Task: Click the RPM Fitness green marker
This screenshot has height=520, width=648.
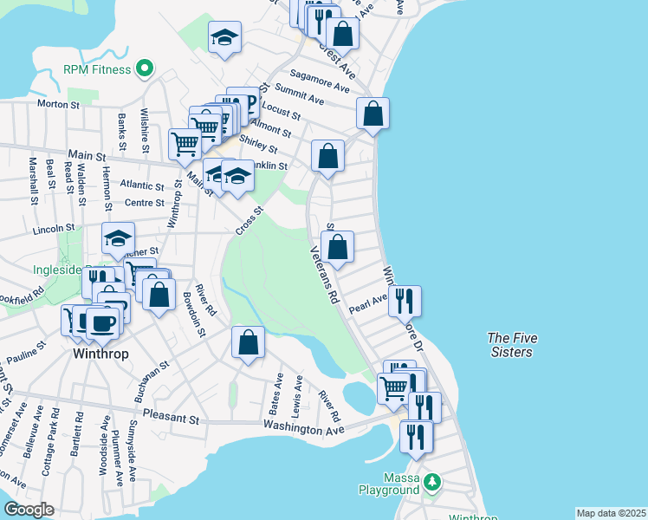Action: click(x=145, y=68)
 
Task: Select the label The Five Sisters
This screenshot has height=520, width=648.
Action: click(x=509, y=345)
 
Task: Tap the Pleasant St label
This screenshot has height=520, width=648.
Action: click(x=172, y=417)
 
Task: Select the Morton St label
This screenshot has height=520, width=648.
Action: click(x=58, y=104)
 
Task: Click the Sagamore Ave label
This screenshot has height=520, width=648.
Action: click(x=320, y=81)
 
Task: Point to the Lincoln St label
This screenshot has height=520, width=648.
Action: click(x=55, y=229)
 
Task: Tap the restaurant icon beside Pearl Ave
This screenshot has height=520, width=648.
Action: click(x=405, y=301)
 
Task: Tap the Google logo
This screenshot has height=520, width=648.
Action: click(x=29, y=510)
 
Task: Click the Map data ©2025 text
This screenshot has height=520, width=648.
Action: click(x=611, y=513)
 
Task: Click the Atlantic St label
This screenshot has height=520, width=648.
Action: click(x=142, y=185)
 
